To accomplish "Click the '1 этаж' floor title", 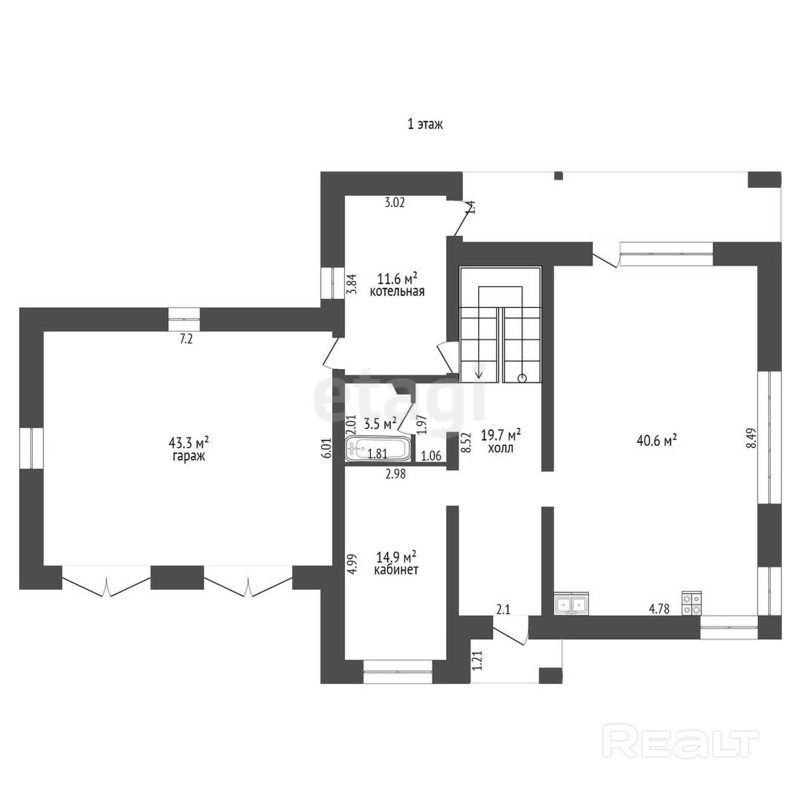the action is [425, 124].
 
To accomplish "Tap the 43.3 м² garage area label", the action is [189, 441].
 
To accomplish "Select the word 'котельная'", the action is [397, 291].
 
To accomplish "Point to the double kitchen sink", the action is [572, 603].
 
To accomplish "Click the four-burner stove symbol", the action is [692, 603].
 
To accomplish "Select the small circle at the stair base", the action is [522, 378].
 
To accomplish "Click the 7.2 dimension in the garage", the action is [186, 339].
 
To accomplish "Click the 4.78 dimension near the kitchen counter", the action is [659, 609].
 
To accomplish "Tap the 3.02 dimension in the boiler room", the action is [395, 203].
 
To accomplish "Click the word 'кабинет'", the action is [396, 570].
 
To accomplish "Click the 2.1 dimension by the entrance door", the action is [503, 610].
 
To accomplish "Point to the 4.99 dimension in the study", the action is [353, 564].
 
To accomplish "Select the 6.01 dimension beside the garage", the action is [327, 448].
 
